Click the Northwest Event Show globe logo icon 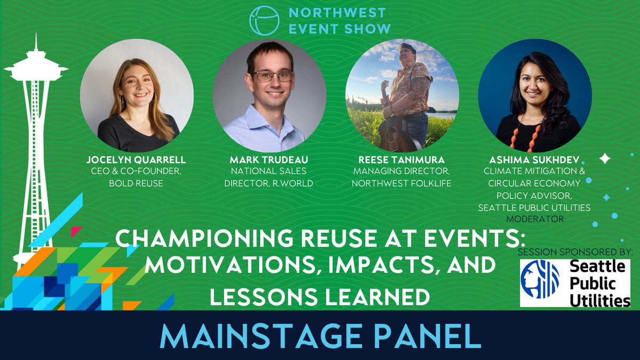click(265, 21)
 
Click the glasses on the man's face click(273, 76)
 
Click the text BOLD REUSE click(137, 183)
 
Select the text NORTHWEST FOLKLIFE click(402, 183)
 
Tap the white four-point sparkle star click(605, 158)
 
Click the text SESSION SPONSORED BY click(575, 251)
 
